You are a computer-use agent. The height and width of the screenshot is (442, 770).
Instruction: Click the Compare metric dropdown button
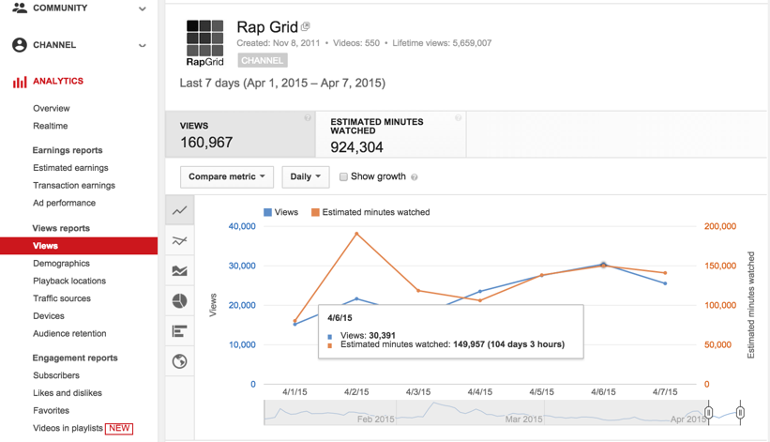[x=226, y=176]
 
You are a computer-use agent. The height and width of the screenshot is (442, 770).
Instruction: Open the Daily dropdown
[x=305, y=176]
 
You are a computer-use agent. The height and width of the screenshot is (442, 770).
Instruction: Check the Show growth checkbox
[x=343, y=176]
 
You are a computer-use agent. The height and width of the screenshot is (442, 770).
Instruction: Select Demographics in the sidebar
[x=61, y=264]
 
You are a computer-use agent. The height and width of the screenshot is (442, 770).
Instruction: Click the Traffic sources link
[x=62, y=298]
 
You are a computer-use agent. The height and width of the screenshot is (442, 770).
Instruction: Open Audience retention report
[x=69, y=333]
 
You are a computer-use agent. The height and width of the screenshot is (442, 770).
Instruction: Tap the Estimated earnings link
[x=70, y=168]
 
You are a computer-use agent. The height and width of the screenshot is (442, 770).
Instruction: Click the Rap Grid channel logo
[x=204, y=43]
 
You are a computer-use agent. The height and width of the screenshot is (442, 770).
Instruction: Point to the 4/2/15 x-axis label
[x=356, y=391]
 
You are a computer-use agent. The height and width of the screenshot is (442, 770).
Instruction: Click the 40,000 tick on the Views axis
[x=241, y=226]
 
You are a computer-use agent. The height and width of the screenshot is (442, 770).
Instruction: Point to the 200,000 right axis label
[x=720, y=226]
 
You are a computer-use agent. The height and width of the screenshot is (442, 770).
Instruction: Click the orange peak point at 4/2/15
[x=356, y=234]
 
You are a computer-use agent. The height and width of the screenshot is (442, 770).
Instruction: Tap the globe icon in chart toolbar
[x=180, y=361]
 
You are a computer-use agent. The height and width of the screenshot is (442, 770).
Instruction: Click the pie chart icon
[x=180, y=301]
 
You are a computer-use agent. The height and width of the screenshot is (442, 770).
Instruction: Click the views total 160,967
[x=206, y=143]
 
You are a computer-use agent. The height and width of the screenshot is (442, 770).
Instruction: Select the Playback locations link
[x=69, y=281]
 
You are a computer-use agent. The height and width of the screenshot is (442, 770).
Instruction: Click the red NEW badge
[x=119, y=428]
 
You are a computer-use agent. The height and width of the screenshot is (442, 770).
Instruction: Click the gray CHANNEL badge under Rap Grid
[x=262, y=60]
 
